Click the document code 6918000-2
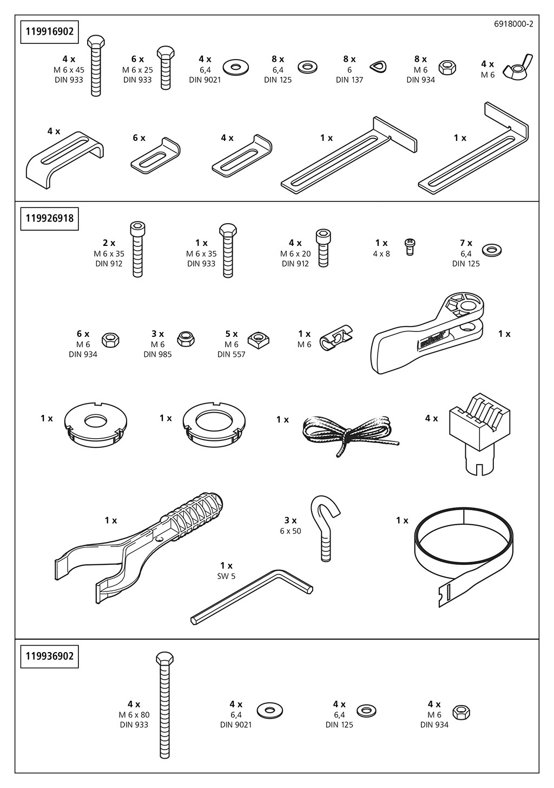pyautogui.click(x=513, y=24)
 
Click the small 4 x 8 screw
pyautogui.click(x=410, y=248)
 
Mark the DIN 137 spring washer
pyautogui.click(x=378, y=67)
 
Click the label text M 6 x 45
pyautogui.click(x=69, y=70)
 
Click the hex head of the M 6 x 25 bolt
pyautogui.click(x=166, y=52)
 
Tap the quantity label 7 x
pyautogui.click(x=466, y=243)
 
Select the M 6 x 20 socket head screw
pyautogui.click(x=323, y=246)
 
